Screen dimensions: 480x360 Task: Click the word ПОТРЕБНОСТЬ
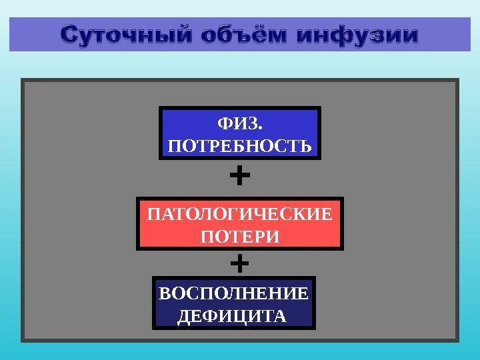(240, 145)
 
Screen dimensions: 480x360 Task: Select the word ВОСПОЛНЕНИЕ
(233, 293)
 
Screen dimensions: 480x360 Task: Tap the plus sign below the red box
(239, 263)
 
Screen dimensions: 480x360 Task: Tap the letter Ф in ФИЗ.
(225, 124)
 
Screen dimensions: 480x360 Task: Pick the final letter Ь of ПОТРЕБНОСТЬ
(307, 145)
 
